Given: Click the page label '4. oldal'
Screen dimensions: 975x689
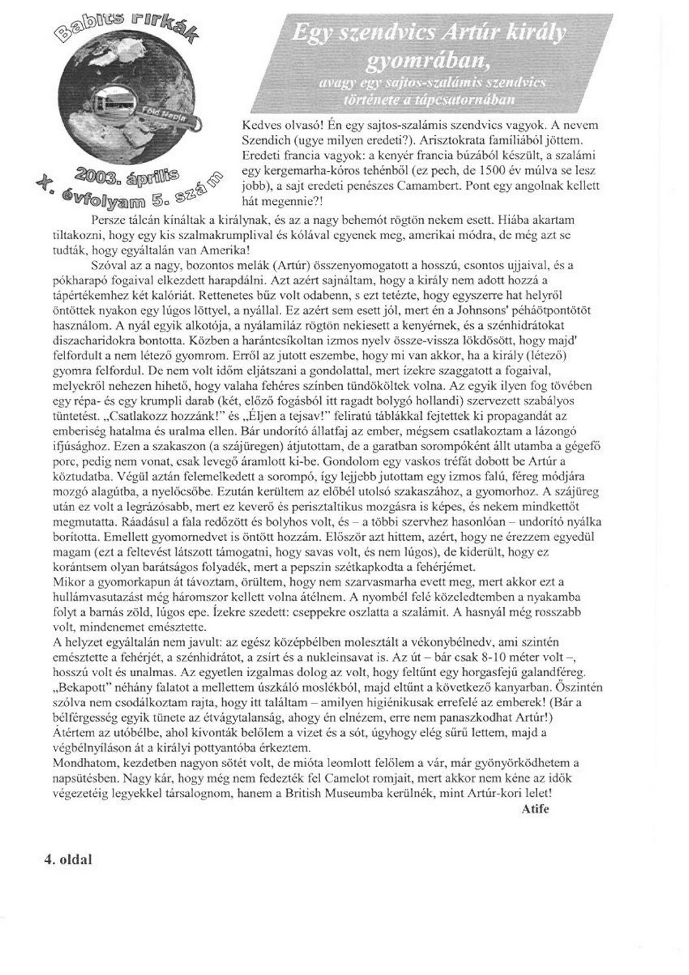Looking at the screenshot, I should click(68, 859).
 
